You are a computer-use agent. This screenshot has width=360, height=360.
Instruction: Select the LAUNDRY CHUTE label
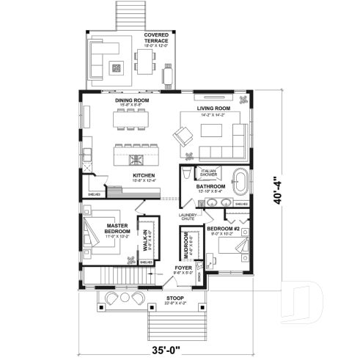click(x=188, y=216)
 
